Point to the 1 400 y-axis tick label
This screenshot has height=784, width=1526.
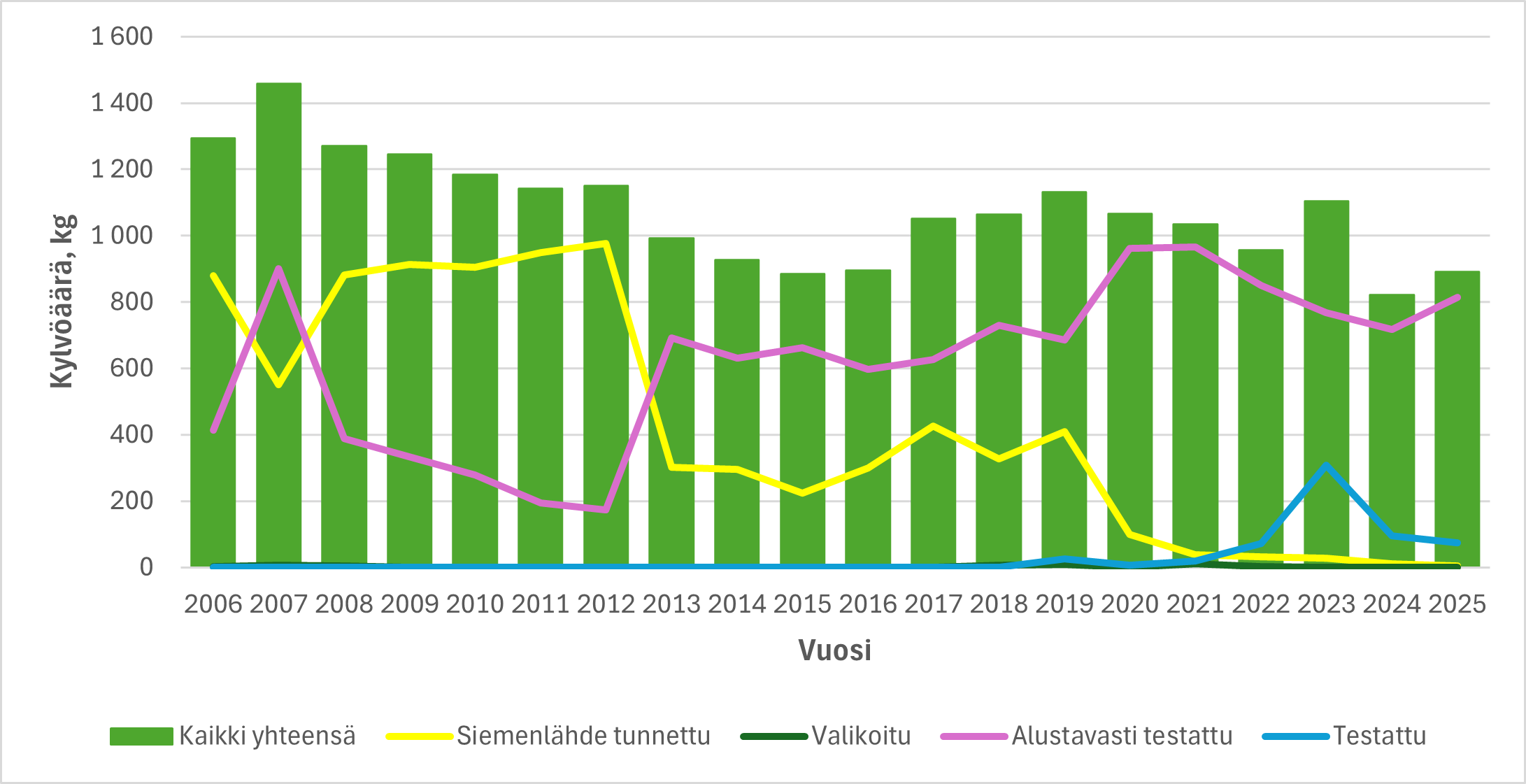pyautogui.click(x=122, y=103)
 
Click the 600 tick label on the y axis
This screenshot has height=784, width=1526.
pyautogui.click(x=131, y=368)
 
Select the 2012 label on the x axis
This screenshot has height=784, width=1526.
pyautogui.click(x=606, y=604)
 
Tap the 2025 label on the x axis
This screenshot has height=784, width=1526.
pyautogui.click(x=1457, y=604)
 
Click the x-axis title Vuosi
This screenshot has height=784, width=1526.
pyautogui.click(x=834, y=650)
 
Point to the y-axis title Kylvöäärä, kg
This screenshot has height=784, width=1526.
pyautogui.click(x=62, y=301)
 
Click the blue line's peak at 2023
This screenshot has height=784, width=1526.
pyautogui.click(x=1326, y=465)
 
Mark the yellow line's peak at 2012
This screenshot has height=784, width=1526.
pyautogui.click(x=606, y=243)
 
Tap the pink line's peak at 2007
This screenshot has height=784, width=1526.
pyautogui.click(x=278, y=269)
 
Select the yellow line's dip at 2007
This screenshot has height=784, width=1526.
pyautogui.click(x=278, y=385)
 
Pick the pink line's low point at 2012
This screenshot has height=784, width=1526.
pyautogui.click(x=606, y=510)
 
